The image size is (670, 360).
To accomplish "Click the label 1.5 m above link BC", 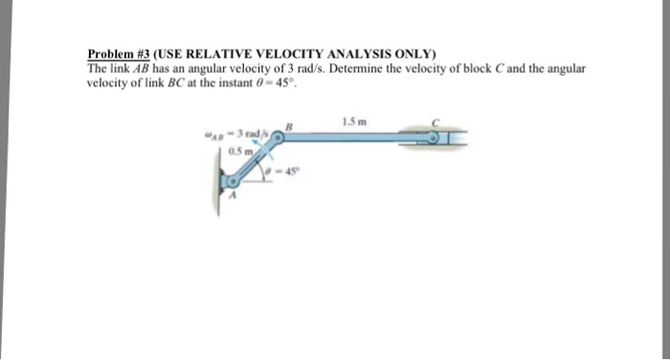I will [x=351, y=120].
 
